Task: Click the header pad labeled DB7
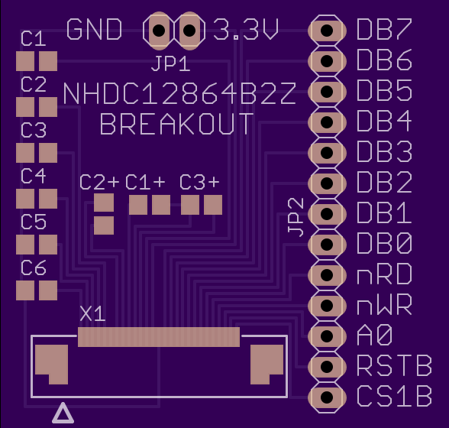pyautogui.click(x=327, y=31)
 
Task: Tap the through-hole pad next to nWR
pyautogui.click(x=327, y=306)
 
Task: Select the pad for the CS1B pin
pyautogui.click(x=327, y=397)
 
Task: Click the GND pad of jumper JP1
pyautogui.click(x=159, y=31)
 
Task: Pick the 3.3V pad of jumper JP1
pyautogui.click(x=189, y=31)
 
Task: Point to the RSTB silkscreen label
pyautogui.click(x=394, y=365)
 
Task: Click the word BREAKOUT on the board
pyautogui.click(x=176, y=124)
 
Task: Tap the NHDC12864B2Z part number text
pyautogui.click(x=179, y=94)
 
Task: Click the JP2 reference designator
pyautogui.click(x=296, y=218)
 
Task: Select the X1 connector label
pyautogui.click(x=93, y=314)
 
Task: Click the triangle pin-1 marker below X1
pyautogui.click(x=63, y=413)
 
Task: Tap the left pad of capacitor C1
pyautogui.click(x=25, y=61)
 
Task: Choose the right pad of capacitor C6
pyautogui.click(x=48, y=290)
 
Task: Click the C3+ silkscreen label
pyautogui.click(x=199, y=183)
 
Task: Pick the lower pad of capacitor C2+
pyautogui.click(x=104, y=225)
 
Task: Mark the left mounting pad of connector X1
pyautogui.click(x=52, y=365)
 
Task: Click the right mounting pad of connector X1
pyautogui.click(x=267, y=365)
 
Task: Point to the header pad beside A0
pyautogui.click(x=327, y=336)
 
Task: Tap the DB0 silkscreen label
pyautogui.click(x=384, y=243)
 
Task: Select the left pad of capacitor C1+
pyautogui.click(x=138, y=205)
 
